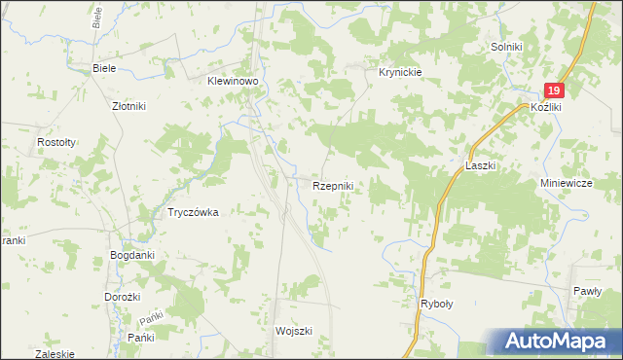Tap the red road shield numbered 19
553,90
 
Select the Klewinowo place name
231,83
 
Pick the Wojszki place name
293,331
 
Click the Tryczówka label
192,212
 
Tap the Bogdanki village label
132,255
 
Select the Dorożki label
124,296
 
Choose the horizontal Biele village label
104,68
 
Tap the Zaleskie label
55,354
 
